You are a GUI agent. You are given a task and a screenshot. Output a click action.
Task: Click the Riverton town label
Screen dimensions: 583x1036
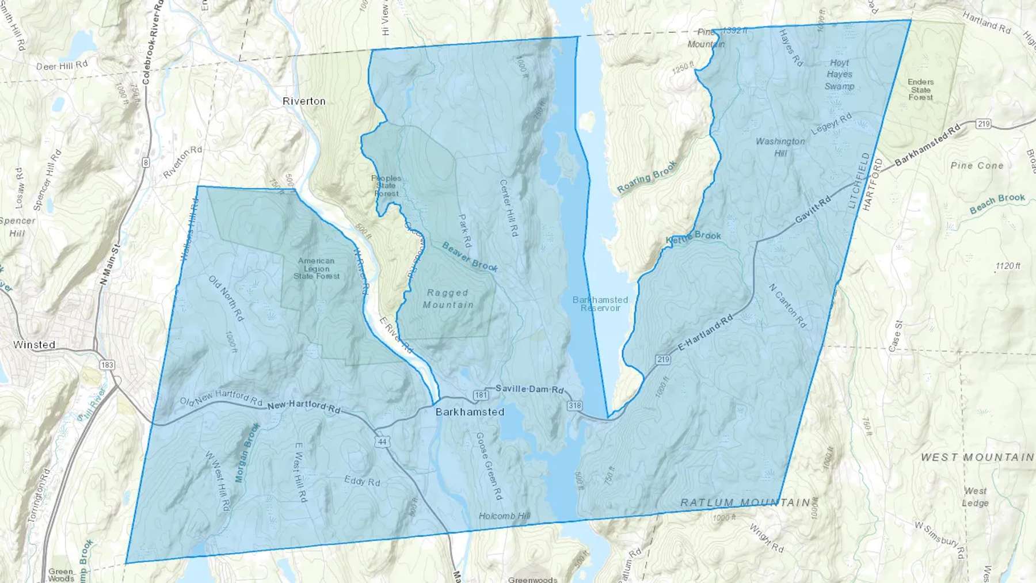(304, 101)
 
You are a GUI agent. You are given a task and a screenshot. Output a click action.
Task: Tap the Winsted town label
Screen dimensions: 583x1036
(35, 345)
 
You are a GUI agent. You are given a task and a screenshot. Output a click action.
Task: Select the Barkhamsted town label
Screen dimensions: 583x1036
(470, 411)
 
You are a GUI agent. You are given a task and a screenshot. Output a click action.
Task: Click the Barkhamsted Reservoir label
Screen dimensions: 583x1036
(600, 304)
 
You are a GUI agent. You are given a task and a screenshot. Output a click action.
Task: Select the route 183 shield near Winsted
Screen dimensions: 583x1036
(107, 365)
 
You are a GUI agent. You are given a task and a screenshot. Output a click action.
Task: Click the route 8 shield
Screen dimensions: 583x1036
(146, 163)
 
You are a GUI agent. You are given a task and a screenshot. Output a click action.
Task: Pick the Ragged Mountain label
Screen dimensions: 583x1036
(448, 299)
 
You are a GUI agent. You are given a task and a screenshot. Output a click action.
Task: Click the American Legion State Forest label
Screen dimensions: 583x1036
(317, 268)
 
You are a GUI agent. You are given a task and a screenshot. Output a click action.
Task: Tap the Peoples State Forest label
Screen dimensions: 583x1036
(386, 185)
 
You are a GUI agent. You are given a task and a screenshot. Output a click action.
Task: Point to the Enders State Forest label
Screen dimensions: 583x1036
(920, 89)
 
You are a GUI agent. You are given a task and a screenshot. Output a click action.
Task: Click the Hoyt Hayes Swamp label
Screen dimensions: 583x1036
(840, 74)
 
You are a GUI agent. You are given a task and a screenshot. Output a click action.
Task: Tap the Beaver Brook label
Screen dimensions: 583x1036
(470, 257)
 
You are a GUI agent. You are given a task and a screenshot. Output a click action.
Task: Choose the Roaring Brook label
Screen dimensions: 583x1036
(647, 176)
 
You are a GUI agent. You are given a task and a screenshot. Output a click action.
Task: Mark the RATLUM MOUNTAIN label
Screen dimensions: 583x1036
(745, 502)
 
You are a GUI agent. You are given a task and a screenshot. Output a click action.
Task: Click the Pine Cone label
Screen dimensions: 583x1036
(977, 166)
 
